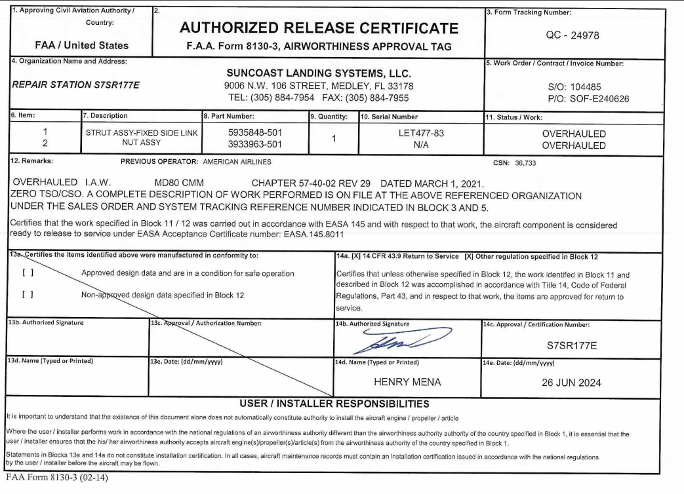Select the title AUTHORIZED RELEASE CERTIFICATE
[318, 28]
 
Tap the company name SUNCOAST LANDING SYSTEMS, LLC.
[318, 73]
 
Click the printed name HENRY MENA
[400, 383]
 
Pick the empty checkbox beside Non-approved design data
[28, 295]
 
